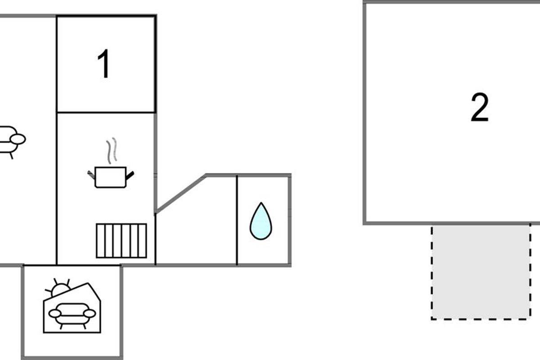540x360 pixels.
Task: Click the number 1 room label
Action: coord(104,63)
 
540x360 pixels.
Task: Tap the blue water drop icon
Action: coord(261,221)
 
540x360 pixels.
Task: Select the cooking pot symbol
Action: coord(111,177)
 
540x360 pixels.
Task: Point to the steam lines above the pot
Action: coord(112,150)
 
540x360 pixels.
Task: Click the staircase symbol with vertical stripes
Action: coord(121,241)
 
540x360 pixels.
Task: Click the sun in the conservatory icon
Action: coord(59,288)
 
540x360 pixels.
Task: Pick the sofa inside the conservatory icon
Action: coord(72,315)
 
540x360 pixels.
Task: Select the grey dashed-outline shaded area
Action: coord(481,272)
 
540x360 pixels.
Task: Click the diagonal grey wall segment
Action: coord(181,194)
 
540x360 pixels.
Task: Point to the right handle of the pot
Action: coord(130,176)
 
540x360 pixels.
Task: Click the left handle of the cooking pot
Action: coord(91,175)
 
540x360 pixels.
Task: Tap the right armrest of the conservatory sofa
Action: coord(90,314)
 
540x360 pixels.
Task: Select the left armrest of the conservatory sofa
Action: coord(55,314)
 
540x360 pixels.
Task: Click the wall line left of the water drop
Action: coord(237,220)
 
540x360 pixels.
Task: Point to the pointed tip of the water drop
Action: coord(261,202)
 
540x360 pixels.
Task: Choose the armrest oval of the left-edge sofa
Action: coord(18,139)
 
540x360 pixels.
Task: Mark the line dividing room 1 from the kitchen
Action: coord(106,112)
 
